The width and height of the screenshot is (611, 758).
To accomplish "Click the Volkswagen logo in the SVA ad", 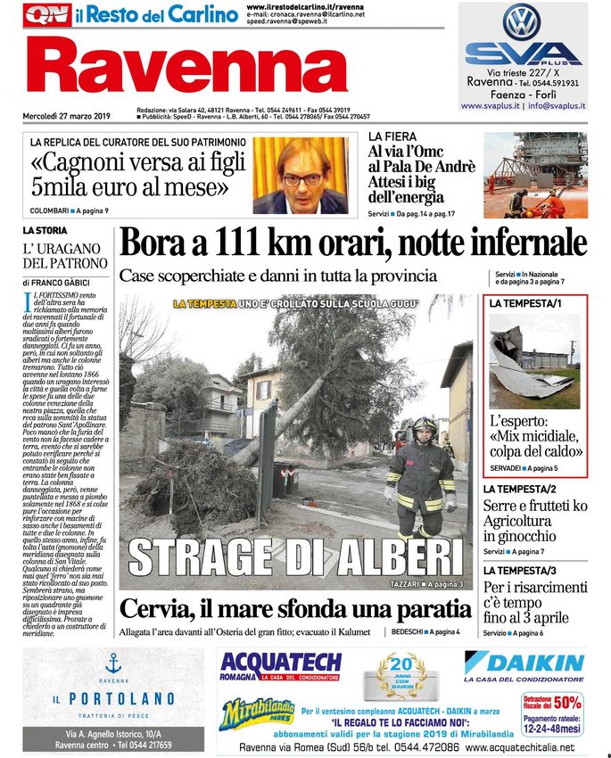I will (x=523, y=21).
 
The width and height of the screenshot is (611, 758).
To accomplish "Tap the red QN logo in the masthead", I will (x=46, y=14).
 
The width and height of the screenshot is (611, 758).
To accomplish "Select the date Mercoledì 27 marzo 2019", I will (x=66, y=116).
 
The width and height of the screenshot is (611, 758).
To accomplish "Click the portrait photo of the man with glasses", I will (x=300, y=175).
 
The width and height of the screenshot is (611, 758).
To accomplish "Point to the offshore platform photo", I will (x=535, y=175).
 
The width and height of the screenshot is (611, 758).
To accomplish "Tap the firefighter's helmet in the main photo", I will (x=424, y=426).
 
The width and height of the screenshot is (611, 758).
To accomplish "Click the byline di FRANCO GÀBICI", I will (x=62, y=282).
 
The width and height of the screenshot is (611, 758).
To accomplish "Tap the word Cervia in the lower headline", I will (x=159, y=610).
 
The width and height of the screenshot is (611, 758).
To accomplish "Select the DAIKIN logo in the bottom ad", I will (x=524, y=663).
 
